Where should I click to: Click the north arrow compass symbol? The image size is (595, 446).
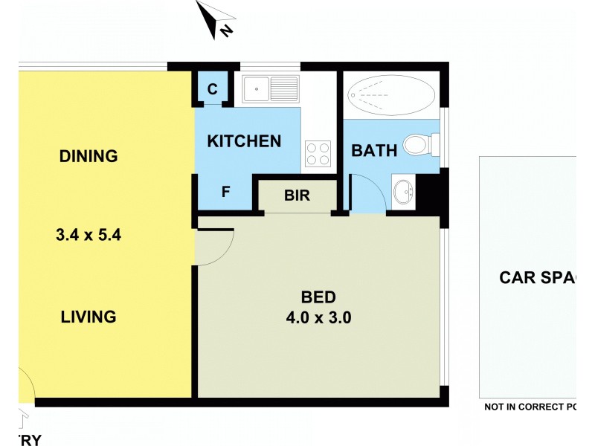[215, 19]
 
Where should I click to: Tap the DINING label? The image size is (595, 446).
[89, 156]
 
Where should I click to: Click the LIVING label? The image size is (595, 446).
[89, 317]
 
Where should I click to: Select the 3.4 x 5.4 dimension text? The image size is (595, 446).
[89, 236]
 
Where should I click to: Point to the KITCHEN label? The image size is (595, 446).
[244, 141]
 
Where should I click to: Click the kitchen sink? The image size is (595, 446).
[271, 91]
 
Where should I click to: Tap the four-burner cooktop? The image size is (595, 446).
[318, 154]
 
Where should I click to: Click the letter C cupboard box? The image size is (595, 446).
[212, 90]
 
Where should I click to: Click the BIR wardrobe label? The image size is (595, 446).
[297, 195]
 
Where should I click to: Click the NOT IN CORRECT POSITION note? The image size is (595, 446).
[530, 407]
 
